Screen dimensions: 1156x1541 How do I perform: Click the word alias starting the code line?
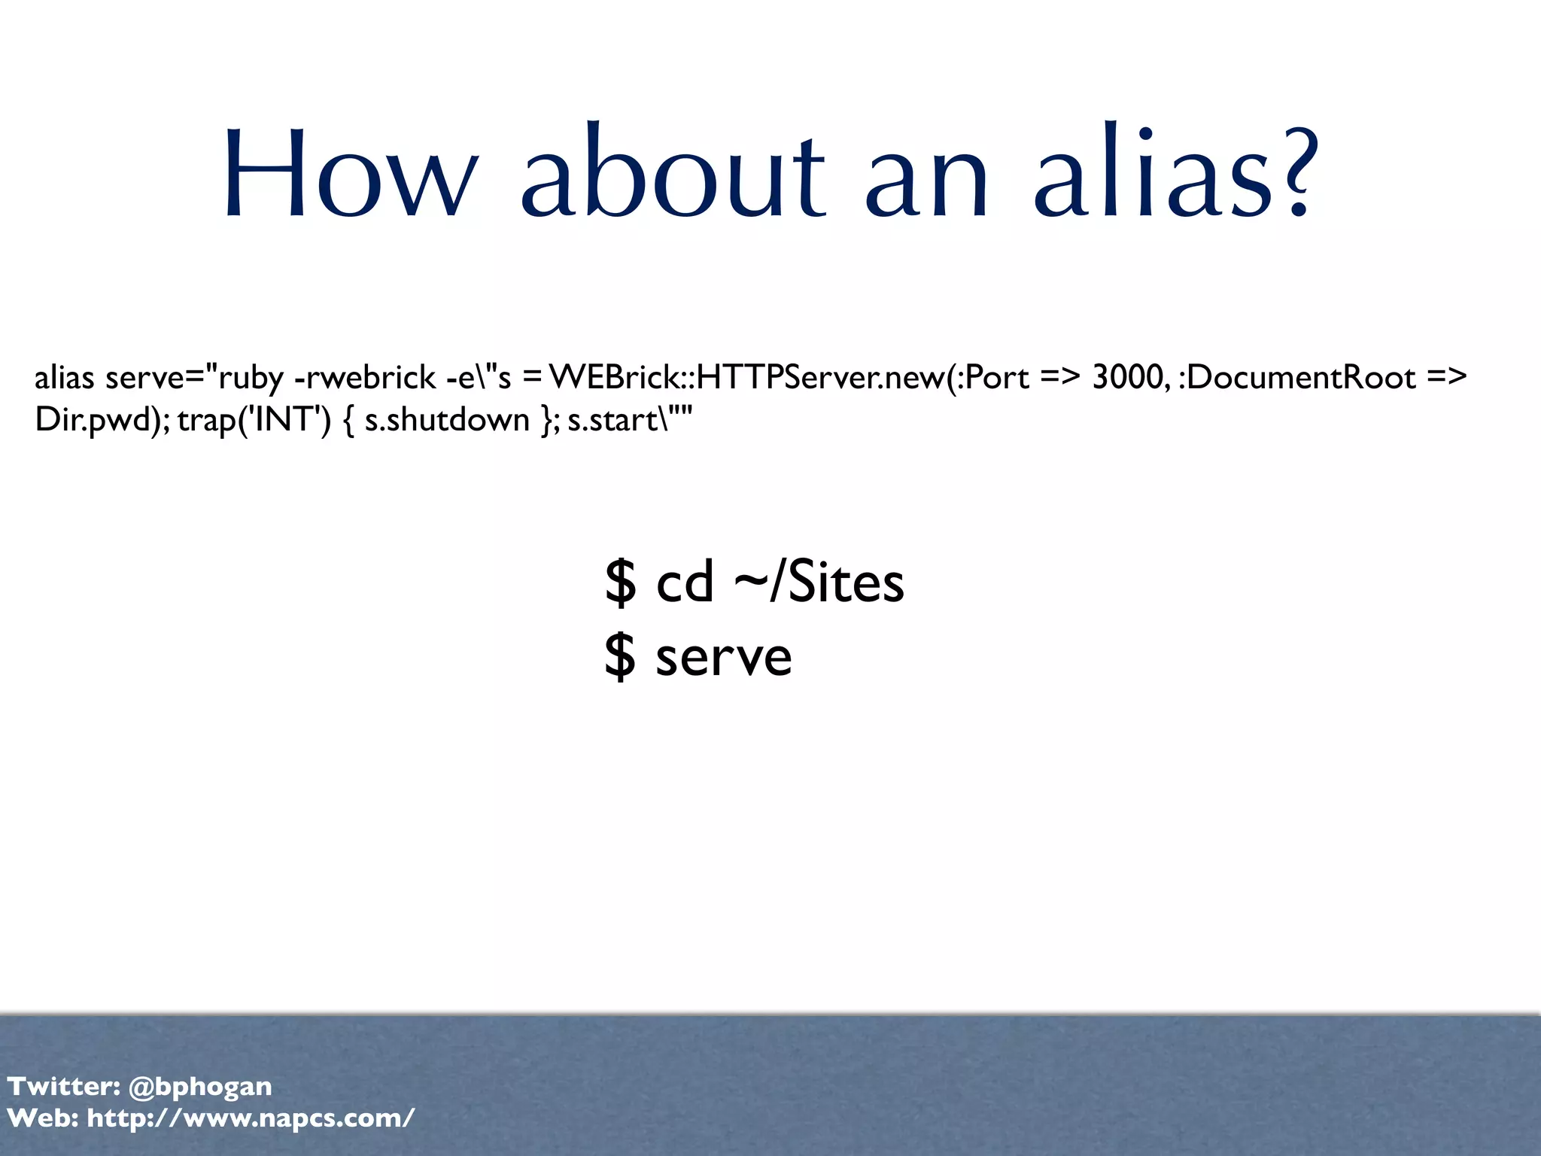tap(64, 377)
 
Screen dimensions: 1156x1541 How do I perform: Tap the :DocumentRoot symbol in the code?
tap(1297, 377)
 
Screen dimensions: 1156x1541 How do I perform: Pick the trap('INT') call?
tap(254, 420)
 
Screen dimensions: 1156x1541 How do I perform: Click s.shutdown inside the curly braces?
tap(447, 420)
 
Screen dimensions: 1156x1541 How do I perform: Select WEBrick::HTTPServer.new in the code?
tap(746, 377)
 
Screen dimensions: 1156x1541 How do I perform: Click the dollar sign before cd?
tap(620, 583)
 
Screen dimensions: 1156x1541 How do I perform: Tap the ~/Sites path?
tap(819, 583)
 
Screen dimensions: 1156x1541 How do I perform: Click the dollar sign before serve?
tap(620, 656)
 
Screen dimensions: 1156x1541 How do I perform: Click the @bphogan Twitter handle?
tap(200, 1087)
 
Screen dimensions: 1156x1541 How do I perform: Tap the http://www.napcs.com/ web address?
tap(251, 1118)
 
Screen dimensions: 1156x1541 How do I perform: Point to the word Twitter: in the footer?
tap(63, 1087)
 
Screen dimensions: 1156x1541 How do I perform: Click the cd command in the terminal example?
tap(684, 583)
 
